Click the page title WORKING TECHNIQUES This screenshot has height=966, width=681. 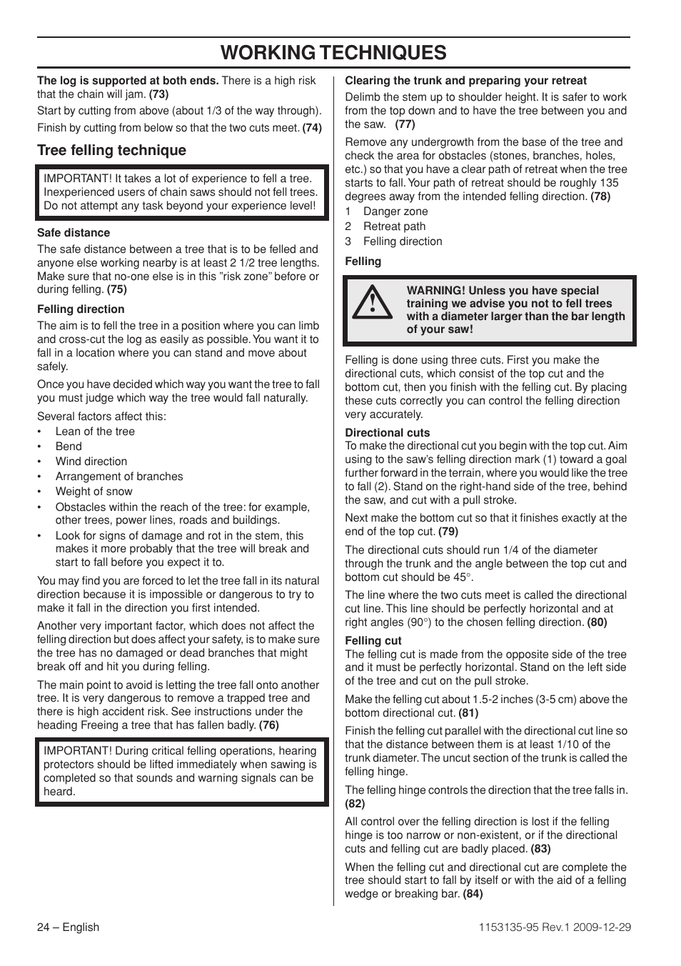click(333, 52)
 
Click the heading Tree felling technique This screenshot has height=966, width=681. click(111, 150)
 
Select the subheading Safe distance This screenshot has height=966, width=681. click(74, 233)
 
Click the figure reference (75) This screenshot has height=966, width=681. click(116, 289)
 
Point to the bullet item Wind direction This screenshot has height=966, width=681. click(91, 462)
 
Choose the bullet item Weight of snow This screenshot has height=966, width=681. click(94, 492)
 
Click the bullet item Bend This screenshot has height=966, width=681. click(69, 447)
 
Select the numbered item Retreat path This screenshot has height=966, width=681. click(394, 226)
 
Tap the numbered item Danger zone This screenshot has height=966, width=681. click(395, 211)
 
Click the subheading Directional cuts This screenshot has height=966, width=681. click(387, 433)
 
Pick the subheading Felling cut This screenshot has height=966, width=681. click(373, 641)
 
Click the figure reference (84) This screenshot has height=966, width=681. click(473, 894)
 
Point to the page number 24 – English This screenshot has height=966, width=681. click(69, 927)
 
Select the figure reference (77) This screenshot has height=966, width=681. click(405, 124)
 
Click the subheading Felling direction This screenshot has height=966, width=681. click(81, 309)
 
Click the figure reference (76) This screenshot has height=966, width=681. click(268, 725)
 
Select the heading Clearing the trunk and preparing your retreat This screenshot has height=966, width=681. click(465, 81)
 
